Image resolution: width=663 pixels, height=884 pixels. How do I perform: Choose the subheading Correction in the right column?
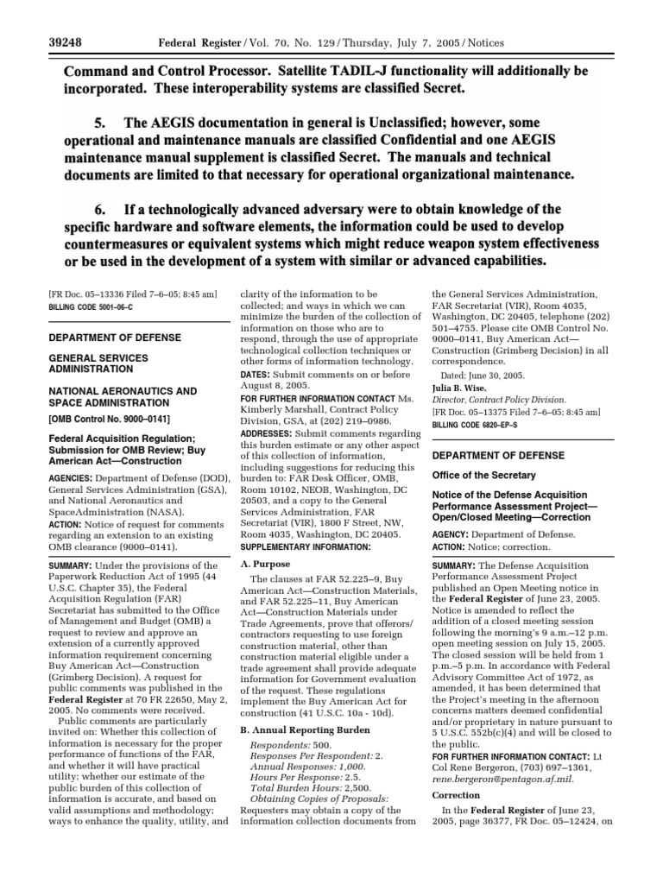(x=457, y=795)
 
